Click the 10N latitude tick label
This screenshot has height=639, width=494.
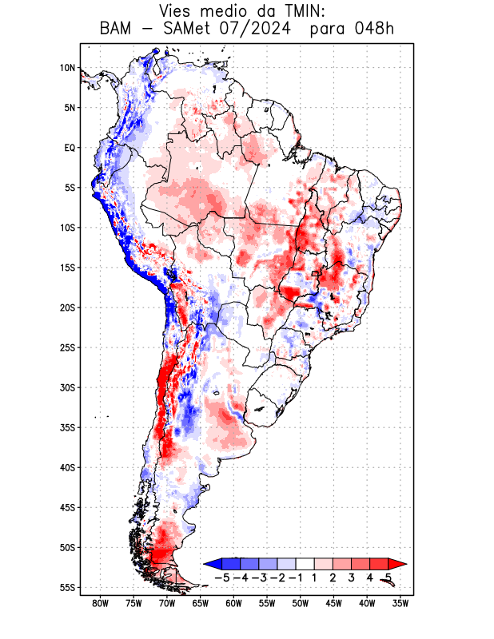coord(67,68)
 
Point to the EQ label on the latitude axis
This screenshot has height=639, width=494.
coord(69,148)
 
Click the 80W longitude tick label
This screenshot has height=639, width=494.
coord(100,603)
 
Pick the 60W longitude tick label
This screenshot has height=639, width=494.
coord(233,603)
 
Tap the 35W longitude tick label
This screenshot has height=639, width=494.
coord(400,603)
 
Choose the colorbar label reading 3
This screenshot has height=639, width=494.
coord(352,577)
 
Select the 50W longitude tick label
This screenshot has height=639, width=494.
coord(300,603)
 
